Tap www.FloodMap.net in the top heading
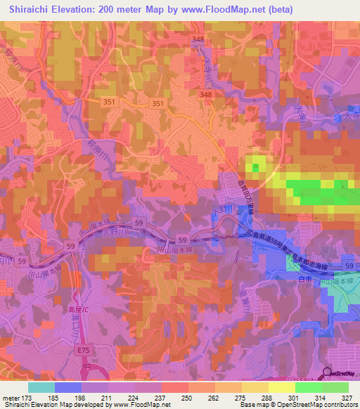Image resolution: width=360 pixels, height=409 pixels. click(x=219, y=9)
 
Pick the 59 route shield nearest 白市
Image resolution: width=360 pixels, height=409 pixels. click(x=349, y=264)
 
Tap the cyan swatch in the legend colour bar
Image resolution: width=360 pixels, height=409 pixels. click(x=41, y=387)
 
